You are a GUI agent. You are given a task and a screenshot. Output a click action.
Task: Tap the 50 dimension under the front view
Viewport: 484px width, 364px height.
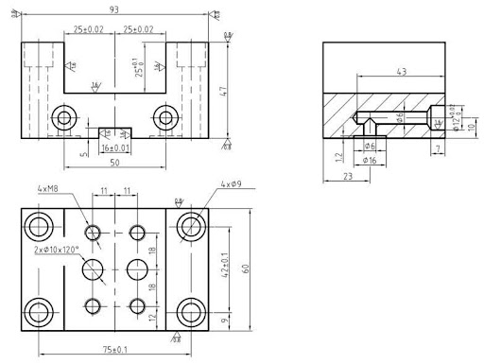click(114, 164)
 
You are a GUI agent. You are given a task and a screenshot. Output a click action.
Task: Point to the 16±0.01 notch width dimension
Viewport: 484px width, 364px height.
click(114, 148)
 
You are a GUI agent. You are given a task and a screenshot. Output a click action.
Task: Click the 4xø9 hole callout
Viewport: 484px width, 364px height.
click(233, 183)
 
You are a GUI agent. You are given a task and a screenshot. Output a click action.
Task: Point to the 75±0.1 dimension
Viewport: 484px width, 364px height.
click(115, 349)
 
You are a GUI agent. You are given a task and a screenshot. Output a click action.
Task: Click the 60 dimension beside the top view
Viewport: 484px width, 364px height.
click(246, 269)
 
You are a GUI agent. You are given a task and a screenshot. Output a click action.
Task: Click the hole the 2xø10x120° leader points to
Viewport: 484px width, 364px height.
click(94, 270)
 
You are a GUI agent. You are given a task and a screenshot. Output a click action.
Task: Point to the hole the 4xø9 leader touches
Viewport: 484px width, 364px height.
click(192, 226)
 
